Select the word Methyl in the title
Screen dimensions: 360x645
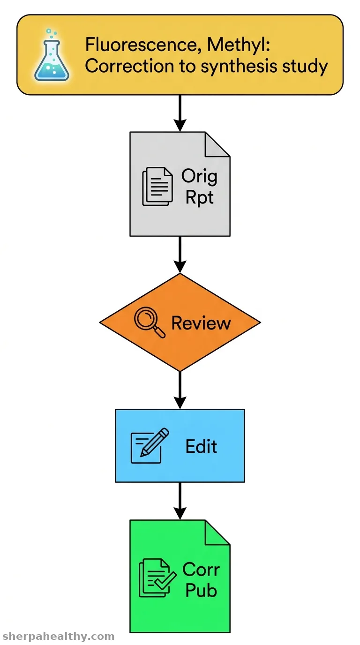[239, 45]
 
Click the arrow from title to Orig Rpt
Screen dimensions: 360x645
[180, 113]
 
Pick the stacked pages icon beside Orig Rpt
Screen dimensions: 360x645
[157, 186]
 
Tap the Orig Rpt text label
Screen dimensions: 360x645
[199, 186]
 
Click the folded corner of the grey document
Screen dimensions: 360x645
[217, 144]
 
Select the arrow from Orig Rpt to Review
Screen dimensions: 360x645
[180, 255]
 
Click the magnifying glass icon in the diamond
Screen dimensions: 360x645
[150, 322]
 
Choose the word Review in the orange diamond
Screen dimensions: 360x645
[201, 323]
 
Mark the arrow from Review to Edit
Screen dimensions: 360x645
[180, 390]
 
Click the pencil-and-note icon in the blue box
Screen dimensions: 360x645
[150, 446]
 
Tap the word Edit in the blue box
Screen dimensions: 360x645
[201, 446]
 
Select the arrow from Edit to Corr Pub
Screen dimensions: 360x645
[180, 501]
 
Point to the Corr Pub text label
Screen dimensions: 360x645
[201, 580]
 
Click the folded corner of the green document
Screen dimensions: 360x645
[217, 532]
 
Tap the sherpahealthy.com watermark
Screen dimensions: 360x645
[58, 637]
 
